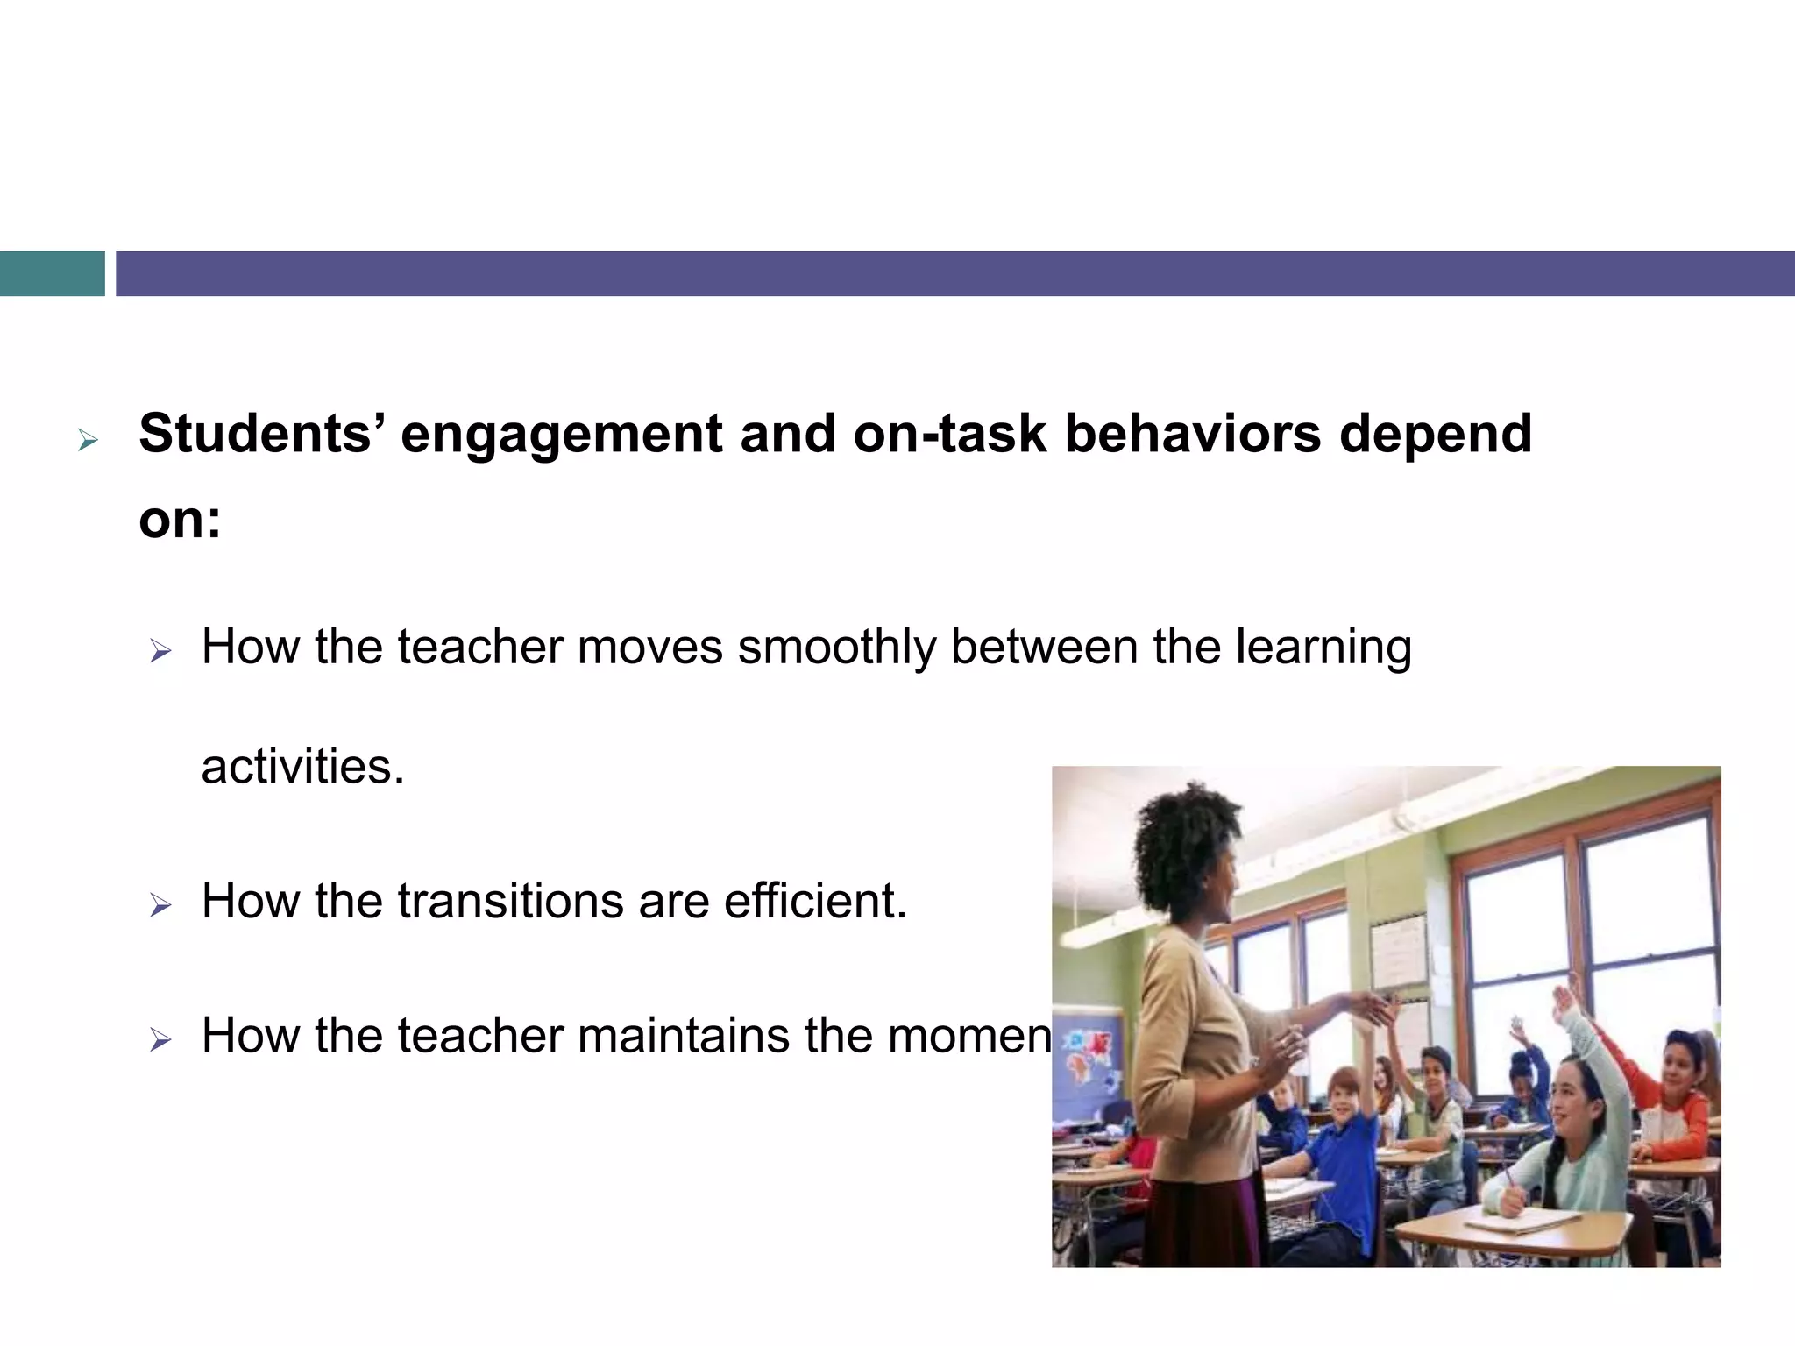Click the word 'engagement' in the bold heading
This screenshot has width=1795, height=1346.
click(x=561, y=435)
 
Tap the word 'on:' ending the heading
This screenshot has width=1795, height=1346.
click(x=180, y=519)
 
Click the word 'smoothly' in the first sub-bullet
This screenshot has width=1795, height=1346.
click(x=836, y=648)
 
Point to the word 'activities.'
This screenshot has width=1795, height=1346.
click(x=302, y=767)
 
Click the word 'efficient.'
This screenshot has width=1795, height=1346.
click(x=815, y=901)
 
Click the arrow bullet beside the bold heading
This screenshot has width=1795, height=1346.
click(x=87, y=440)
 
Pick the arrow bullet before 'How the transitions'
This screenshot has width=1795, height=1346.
click(x=160, y=904)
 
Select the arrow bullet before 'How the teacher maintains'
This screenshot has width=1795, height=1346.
click(x=160, y=1039)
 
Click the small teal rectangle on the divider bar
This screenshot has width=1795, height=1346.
click(x=52, y=273)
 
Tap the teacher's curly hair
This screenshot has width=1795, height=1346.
click(x=1183, y=841)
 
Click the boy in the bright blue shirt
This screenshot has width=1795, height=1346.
click(x=1345, y=1157)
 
